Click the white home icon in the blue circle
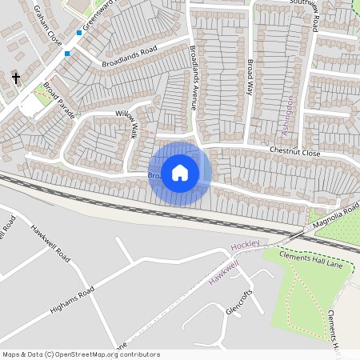(x=180, y=173)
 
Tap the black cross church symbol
(x=16, y=78)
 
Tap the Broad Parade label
(x=59, y=100)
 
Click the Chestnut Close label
(x=294, y=152)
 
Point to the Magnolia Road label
(x=336, y=215)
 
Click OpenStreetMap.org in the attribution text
(x=93, y=354)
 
